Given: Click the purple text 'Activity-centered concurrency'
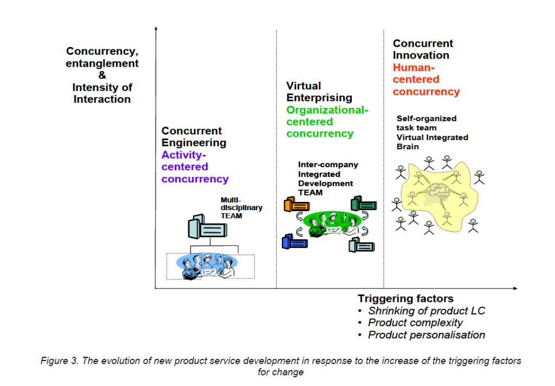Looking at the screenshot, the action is coord(195,167).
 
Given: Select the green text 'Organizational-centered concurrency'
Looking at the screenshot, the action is coord(327,122).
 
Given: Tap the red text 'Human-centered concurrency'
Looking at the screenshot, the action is coord(426,79).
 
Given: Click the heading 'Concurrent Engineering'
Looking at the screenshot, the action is coord(193,137).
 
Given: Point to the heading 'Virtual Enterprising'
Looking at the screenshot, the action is coord(319,92).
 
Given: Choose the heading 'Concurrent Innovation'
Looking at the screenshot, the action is coord(423,49).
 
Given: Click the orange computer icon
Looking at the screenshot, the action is coord(296,205).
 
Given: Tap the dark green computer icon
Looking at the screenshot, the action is coord(364,204).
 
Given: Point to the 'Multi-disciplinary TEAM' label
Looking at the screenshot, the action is coord(241,208).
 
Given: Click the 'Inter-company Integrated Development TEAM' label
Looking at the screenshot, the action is coord(328,179).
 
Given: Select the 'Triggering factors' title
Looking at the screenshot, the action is coord(405,299).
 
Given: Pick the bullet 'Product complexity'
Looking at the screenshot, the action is coord(415,322).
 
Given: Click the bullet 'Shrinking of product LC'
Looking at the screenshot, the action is coord(426,311).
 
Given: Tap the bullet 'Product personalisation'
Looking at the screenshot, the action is coord(426,334).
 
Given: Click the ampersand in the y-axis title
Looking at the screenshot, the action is coord(102,75).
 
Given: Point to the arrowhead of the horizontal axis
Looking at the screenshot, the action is coord(515,288).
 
